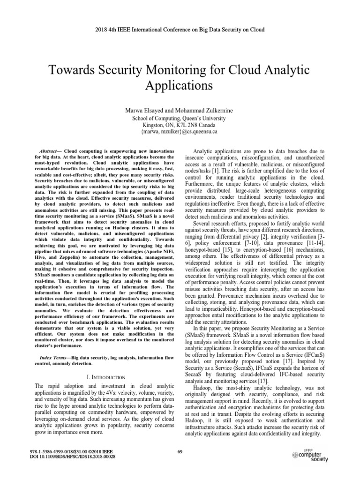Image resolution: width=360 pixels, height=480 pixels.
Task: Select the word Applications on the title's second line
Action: pyautogui.click(x=180, y=87)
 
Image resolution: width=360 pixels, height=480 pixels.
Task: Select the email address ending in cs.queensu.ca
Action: pyautogui.click(x=180, y=133)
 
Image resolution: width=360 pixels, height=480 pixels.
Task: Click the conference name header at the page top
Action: pyautogui.click(x=180, y=30)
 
